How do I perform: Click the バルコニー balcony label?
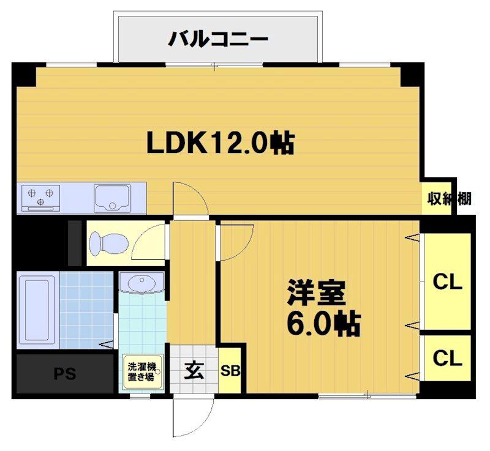(x=219, y=40)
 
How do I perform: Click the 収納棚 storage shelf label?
(x=449, y=198)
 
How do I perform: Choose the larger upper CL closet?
(x=447, y=282)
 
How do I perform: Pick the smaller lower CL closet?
(x=447, y=358)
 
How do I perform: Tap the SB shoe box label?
(x=230, y=371)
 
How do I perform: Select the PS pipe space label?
(x=64, y=373)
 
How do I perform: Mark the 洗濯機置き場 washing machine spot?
(x=142, y=371)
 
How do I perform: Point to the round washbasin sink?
(x=142, y=285)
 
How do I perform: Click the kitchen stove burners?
(x=40, y=197)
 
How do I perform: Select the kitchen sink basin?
(x=113, y=198)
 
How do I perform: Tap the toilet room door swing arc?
(x=149, y=244)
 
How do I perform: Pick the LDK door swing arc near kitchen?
(x=190, y=199)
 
